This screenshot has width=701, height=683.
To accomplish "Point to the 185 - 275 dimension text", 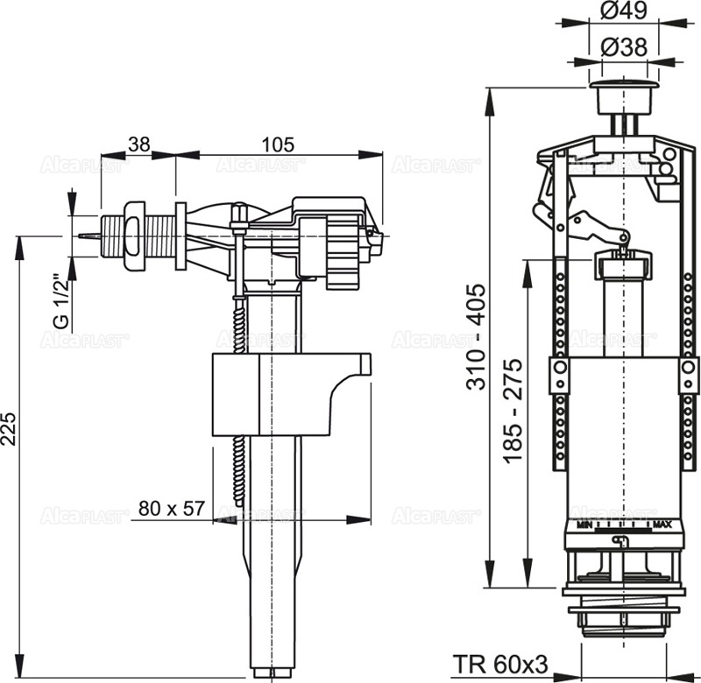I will pyautogui.click(x=514, y=410).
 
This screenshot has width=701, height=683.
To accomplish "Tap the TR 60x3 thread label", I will pyautogui.click(x=500, y=665).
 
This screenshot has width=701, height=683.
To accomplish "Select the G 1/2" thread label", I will pyautogui.click(x=60, y=300).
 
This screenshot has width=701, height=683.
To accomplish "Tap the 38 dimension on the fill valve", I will pyautogui.click(x=138, y=144).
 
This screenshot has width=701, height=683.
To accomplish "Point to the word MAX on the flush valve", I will pyautogui.click(x=662, y=525).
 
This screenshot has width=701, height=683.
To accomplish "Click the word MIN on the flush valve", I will pyautogui.click(x=584, y=525).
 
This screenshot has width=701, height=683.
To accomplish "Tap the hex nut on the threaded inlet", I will pyautogui.click(x=132, y=236).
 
